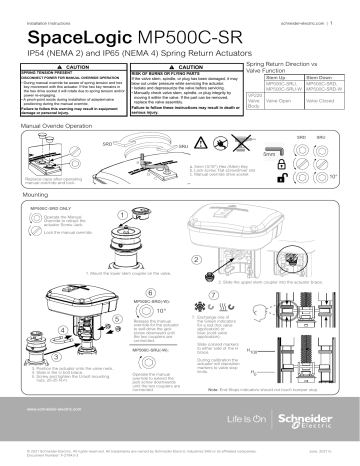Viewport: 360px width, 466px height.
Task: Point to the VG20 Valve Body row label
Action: point(253,102)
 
